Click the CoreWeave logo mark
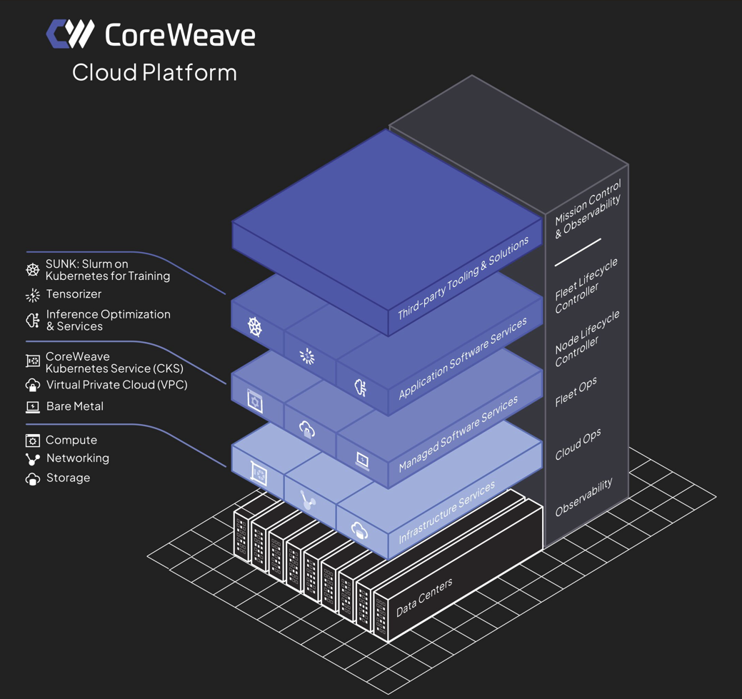point(70,34)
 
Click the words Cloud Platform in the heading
point(154,72)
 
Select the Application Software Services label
point(462,358)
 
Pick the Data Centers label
point(424,598)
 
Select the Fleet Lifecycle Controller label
point(587,286)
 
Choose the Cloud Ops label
point(578,444)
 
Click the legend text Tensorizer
point(74,294)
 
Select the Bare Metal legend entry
point(74,406)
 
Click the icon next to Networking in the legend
point(32,460)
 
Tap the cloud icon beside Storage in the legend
point(32,479)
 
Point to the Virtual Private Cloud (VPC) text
point(116,385)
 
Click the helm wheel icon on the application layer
point(255,326)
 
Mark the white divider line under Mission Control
point(578,253)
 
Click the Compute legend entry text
point(71,440)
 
